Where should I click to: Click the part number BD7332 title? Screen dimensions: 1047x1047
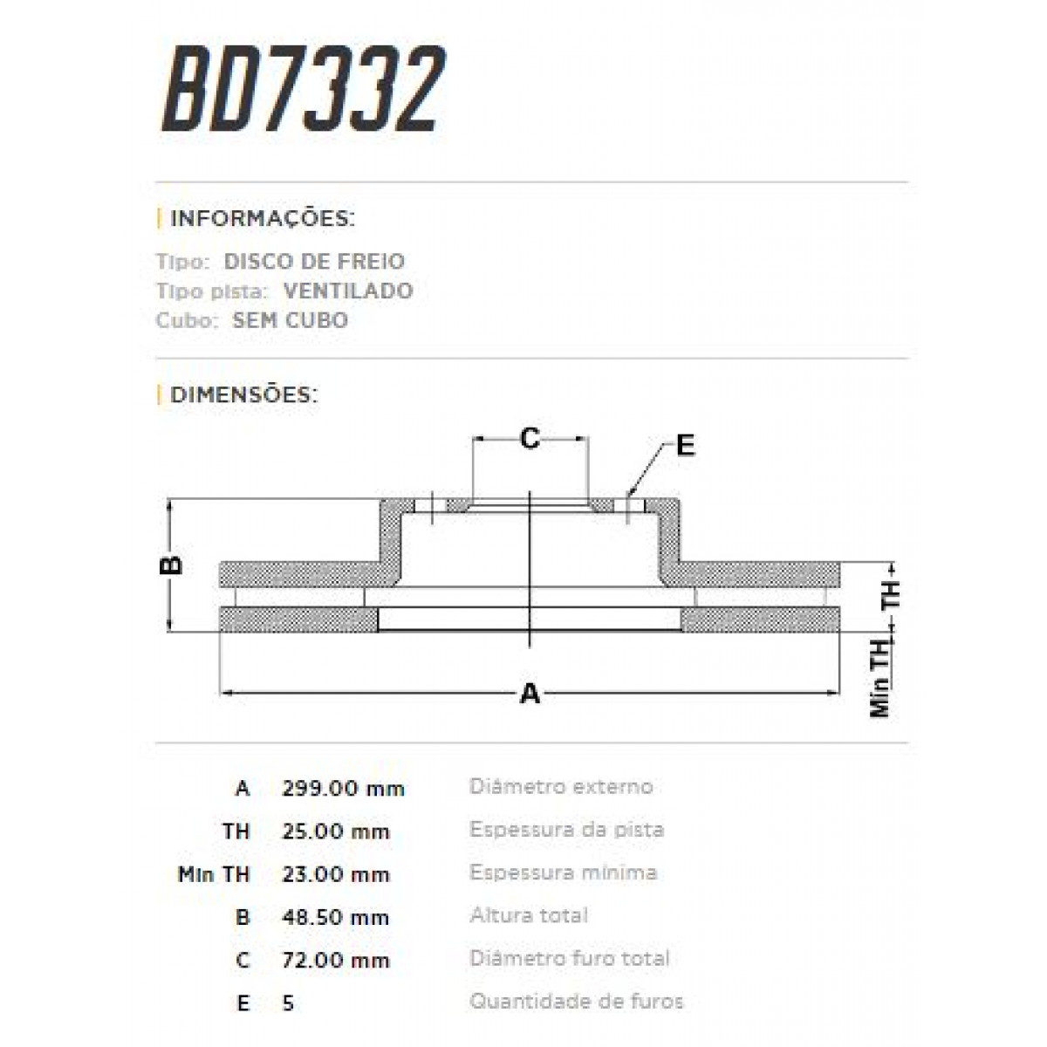(303, 91)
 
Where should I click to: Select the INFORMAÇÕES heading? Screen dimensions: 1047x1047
(262, 218)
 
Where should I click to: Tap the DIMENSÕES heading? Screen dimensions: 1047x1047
(243, 394)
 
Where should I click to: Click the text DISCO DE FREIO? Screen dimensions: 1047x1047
(314, 262)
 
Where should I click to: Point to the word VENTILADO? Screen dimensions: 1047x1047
(348, 291)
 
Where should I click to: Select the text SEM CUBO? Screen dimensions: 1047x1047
(290, 320)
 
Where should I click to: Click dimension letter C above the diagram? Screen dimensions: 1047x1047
(530, 439)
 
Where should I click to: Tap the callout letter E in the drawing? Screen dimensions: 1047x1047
(686, 446)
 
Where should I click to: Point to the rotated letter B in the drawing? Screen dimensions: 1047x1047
(174, 565)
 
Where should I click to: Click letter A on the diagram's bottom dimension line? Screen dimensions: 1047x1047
(530, 695)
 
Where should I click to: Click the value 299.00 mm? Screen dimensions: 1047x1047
(343, 789)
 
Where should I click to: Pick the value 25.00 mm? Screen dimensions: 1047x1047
(335, 831)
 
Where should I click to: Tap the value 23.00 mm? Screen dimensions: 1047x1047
(335, 874)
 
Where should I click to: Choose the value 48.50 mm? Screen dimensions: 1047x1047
(335, 918)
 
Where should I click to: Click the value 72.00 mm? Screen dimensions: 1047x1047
(335, 961)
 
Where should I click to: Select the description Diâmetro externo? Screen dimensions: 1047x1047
(561, 787)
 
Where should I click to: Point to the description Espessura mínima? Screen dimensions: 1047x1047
(563, 872)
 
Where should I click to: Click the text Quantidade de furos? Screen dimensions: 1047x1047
(576, 1002)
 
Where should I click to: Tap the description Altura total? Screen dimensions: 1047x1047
(529, 916)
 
